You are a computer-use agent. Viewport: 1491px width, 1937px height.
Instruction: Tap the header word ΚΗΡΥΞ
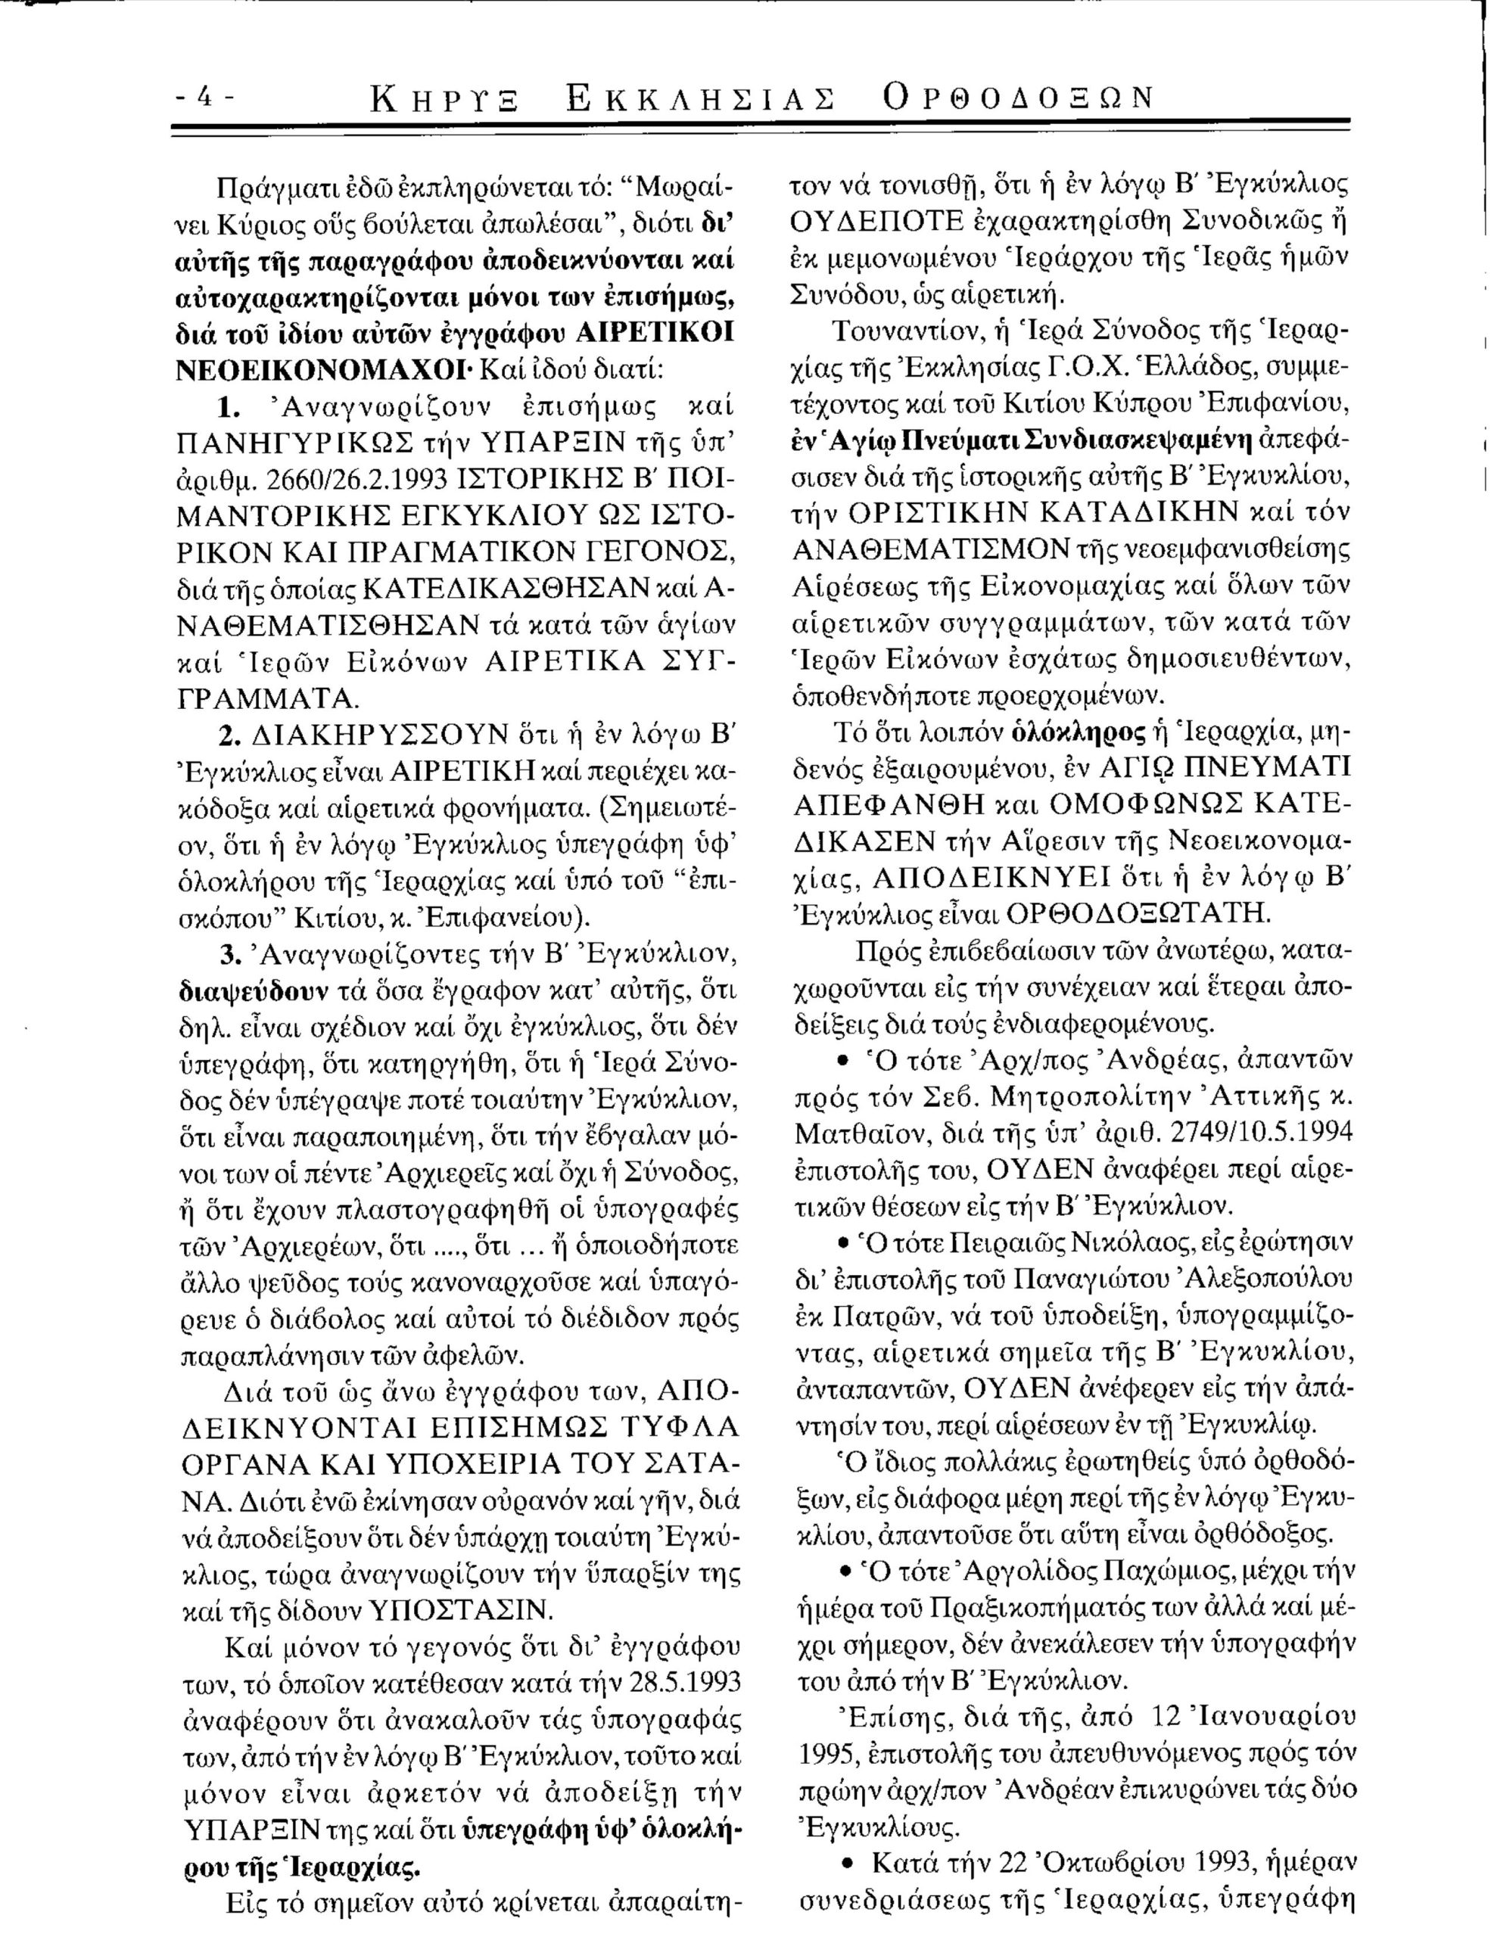pos(445,98)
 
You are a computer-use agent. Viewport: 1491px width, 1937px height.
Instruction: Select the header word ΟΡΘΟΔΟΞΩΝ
pos(1017,98)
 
